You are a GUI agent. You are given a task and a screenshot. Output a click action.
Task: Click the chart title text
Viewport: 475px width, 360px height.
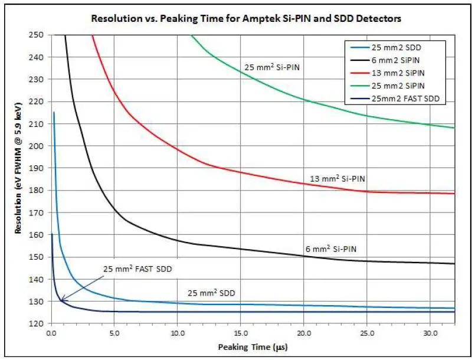[245, 18]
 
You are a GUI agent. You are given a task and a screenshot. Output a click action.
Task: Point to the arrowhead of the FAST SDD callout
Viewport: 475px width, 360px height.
[60, 301]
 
